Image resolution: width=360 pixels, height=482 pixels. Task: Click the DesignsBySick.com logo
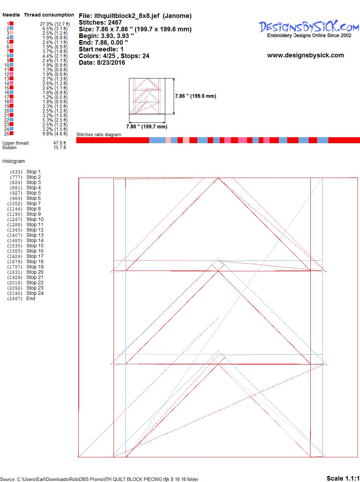(x=309, y=29)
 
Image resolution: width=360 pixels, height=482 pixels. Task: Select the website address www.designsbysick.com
(x=306, y=55)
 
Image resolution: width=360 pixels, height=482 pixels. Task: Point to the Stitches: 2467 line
(x=100, y=23)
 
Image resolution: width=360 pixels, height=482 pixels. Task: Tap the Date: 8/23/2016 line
(x=102, y=63)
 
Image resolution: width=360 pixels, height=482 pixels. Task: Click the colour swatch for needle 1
(x=11, y=24)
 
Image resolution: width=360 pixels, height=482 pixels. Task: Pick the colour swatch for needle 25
(x=11, y=133)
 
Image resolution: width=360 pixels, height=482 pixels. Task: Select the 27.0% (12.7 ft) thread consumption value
(x=55, y=24)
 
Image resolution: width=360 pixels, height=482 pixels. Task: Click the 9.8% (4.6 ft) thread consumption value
(x=55, y=134)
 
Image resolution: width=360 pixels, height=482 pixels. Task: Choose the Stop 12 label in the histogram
(x=35, y=230)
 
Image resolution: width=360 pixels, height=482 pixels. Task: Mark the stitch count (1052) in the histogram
(x=15, y=204)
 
